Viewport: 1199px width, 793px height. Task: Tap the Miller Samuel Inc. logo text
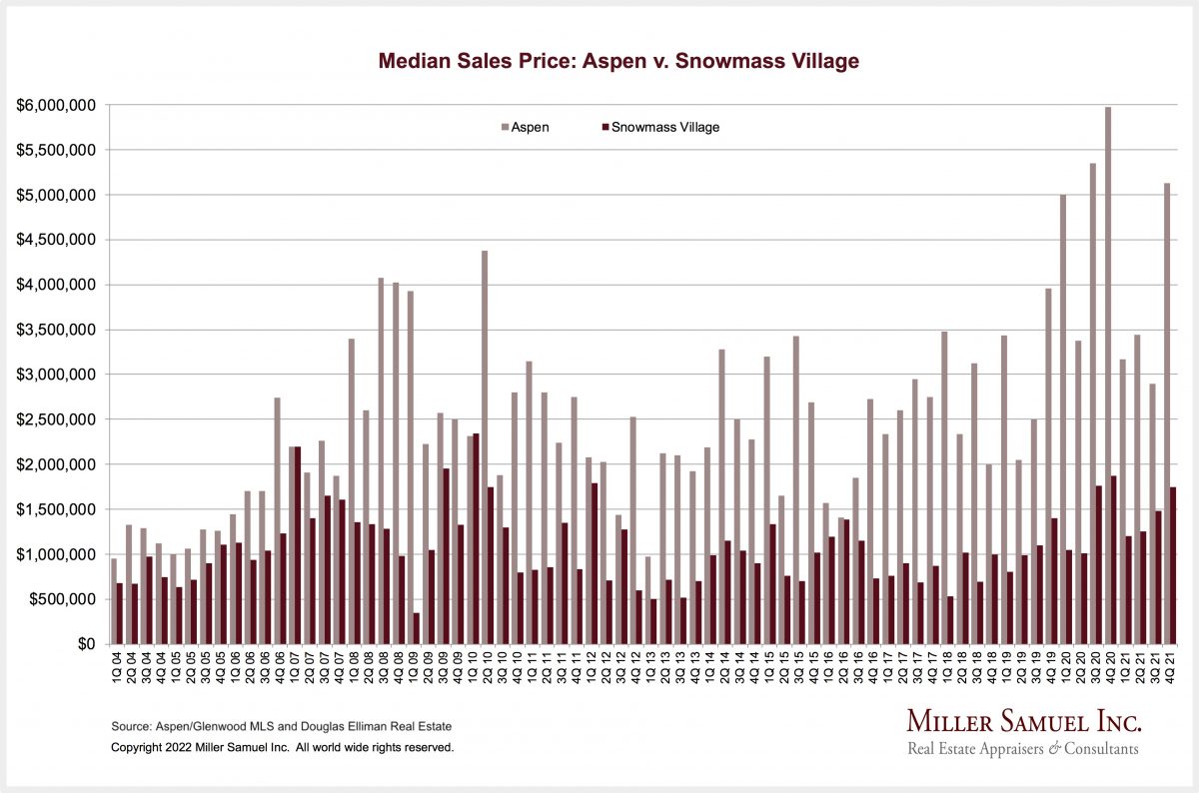click(1023, 722)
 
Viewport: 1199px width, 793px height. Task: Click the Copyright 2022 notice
click(283, 746)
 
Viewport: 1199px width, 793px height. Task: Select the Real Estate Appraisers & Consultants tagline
click(1022, 749)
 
